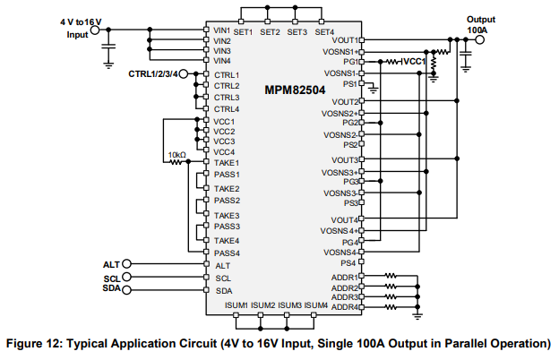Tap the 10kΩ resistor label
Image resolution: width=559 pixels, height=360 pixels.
tap(176, 154)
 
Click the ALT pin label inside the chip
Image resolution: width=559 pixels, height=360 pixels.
tap(223, 265)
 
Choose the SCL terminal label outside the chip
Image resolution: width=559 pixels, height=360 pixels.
tap(111, 279)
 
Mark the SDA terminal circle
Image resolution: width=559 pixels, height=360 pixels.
tap(126, 290)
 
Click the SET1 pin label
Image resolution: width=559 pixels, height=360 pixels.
tap(244, 32)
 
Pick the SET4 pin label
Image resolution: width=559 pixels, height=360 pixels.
tap(324, 32)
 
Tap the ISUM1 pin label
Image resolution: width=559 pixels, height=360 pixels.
tap(237, 305)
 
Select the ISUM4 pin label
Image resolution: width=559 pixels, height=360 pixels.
tap(315, 305)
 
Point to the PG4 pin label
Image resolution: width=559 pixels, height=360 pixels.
tap(349, 242)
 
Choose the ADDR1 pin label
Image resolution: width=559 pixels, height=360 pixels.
tap(344, 278)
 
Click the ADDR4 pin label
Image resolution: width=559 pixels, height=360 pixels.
tap(344, 307)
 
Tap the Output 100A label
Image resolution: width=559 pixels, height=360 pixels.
tap(481, 25)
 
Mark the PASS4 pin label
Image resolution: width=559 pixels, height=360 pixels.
tap(227, 253)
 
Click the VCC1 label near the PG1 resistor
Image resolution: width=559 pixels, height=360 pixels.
tap(413, 62)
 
